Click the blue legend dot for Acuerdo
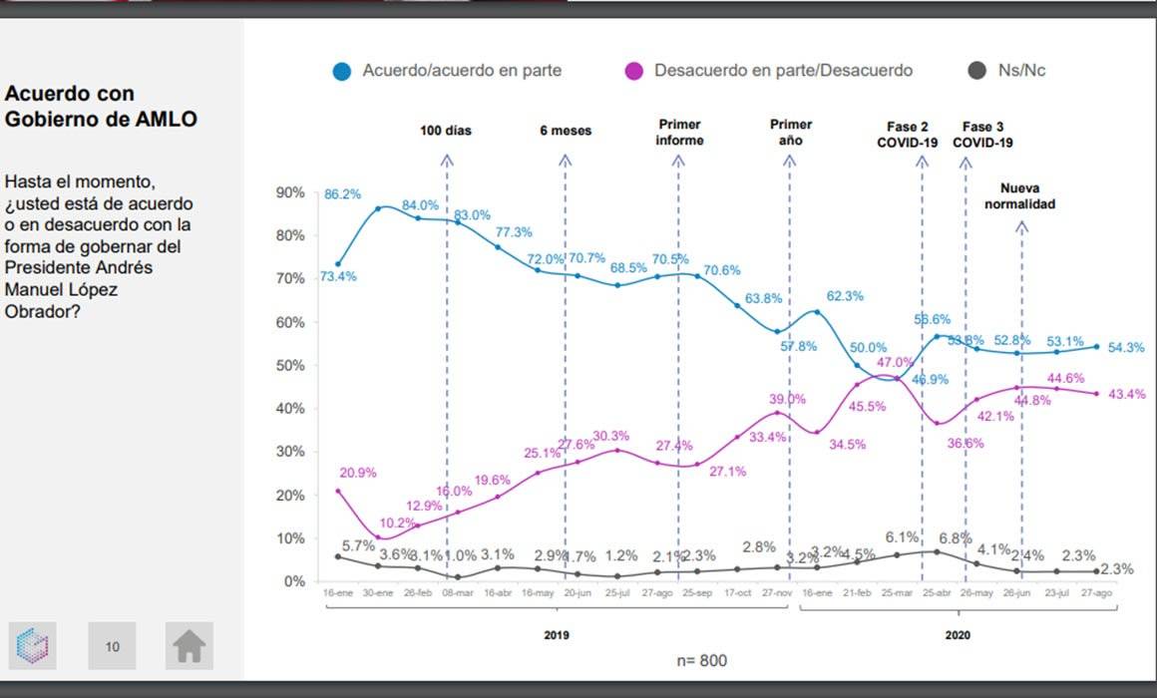342,72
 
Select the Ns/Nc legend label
1021,71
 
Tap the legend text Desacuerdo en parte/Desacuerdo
783,71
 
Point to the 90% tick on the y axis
290,192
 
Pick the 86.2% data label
342,193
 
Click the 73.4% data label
338,276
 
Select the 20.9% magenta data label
358,473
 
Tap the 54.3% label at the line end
1126,348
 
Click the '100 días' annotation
446,131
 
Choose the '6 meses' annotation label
566,131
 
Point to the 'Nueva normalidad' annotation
1019,196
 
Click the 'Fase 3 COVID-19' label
982,135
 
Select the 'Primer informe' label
679,133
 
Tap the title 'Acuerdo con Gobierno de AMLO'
101,106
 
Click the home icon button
189,646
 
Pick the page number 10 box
112,646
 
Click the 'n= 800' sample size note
702,660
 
